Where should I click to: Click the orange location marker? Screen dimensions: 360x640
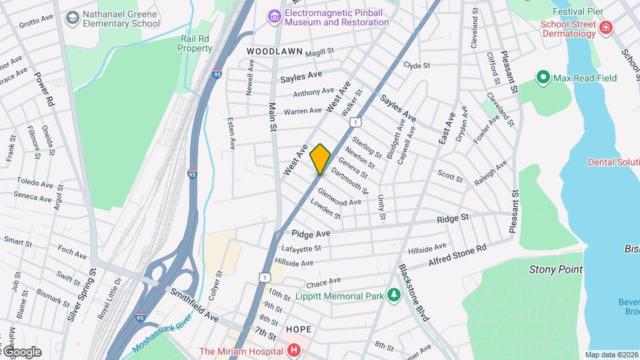pyautogui.click(x=320, y=159)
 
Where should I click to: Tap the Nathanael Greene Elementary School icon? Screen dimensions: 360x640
pyautogui.click(x=71, y=19)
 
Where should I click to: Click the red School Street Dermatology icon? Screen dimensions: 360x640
pyautogui.click(x=605, y=27)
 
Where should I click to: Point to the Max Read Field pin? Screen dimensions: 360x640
pyautogui.click(x=543, y=78)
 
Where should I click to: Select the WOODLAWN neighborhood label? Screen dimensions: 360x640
pyautogui.click(x=274, y=51)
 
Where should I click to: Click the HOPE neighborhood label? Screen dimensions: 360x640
pyautogui.click(x=298, y=329)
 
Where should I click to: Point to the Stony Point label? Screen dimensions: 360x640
pyautogui.click(x=555, y=269)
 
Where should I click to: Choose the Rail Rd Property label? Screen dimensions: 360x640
pyautogui.click(x=195, y=43)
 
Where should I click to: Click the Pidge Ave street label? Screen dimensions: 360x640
pyautogui.click(x=311, y=234)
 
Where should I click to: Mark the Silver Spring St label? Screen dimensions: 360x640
pyautogui.click(x=83, y=295)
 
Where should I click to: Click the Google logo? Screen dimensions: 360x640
pyautogui.click(x=21, y=352)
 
